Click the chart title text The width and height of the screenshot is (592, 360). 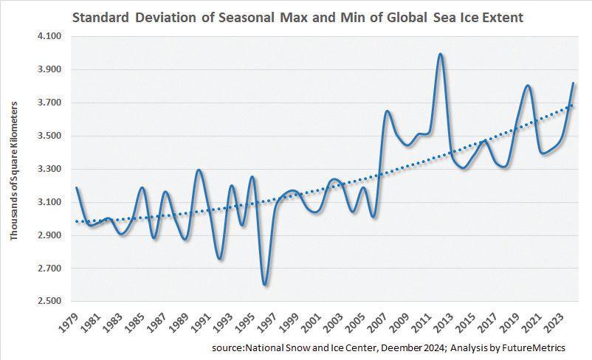[297, 17]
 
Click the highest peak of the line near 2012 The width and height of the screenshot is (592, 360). [441, 54]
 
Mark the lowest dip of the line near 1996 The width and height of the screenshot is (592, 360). [264, 285]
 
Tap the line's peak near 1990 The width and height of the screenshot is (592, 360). [199, 170]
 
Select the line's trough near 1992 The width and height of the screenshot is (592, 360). [219, 258]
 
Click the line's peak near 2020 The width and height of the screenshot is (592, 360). [527, 86]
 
